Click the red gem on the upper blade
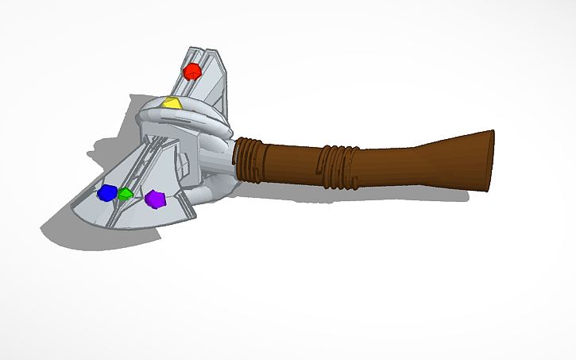pyautogui.click(x=191, y=72)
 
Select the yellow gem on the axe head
pyautogui.click(x=171, y=103)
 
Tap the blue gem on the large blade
pyautogui.click(x=105, y=193)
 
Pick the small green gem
pyautogui.click(x=125, y=193)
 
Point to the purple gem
pyautogui.click(x=155, y=199)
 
